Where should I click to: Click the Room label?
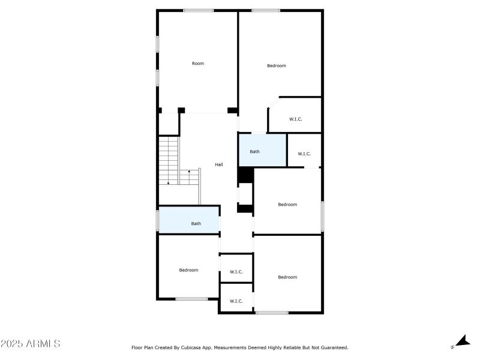click(x=198, y=63)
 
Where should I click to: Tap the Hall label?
click(x=219, y=164)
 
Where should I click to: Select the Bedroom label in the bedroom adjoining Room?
click(x=277, y=65)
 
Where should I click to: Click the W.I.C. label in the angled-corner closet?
click(x=296, y=119)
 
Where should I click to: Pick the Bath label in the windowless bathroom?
click(x=255, y=151)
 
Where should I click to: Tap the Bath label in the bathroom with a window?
click(x=196, y=223)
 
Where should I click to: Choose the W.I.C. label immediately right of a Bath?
click(x=304, y=154)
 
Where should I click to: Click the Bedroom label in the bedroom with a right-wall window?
click(x=287, y=205)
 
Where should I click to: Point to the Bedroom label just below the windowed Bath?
click(x=188, y=270)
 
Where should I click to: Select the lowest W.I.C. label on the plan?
click(x=236, y=301)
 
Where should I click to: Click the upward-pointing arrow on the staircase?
click(x=189, y=172)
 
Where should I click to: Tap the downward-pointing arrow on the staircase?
click(x=169, y=182)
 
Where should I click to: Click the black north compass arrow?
click(x=462, y=341)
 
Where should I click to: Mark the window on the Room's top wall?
click(x=199, y=10)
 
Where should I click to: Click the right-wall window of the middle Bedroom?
click(x=322, y=216)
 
